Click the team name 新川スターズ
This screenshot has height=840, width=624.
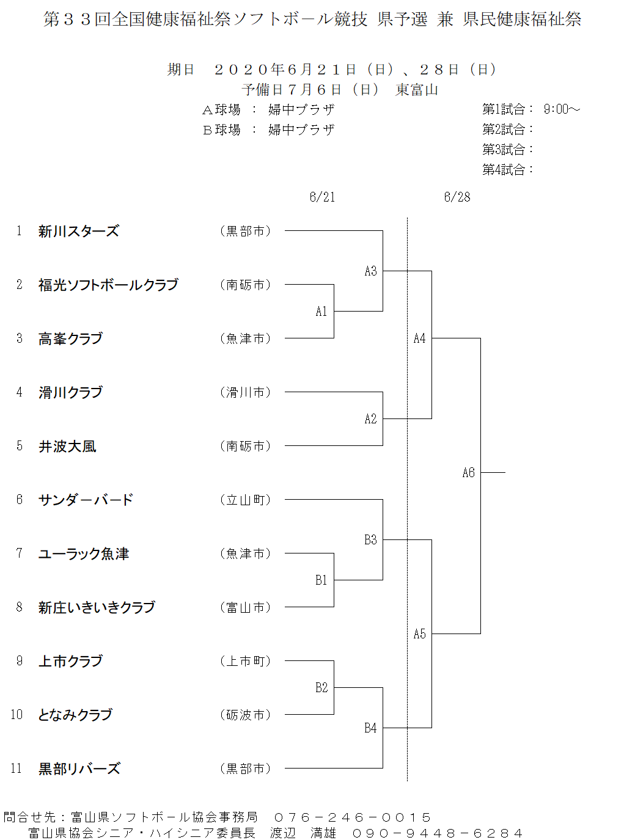[79, 231]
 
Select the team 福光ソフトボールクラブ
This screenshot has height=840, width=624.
[108, 285]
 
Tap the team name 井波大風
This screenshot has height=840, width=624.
[67, 446]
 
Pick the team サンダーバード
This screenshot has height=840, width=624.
[86, 500]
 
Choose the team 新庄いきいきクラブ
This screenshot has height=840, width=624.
[97, 607]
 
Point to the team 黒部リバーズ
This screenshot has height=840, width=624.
[79, 769]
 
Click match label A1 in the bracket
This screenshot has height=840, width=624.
[321, 312]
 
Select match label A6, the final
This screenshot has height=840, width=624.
[469, 473]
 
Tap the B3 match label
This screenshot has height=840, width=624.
[370, 539]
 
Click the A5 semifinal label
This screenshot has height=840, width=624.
[419, 634]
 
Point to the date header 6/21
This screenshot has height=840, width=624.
[322, 197]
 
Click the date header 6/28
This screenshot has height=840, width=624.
[457, 197]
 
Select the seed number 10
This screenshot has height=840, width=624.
[17, 715]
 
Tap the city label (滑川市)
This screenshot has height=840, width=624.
[246, 392]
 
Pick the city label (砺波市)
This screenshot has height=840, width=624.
[246, 715]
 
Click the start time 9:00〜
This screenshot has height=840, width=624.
[562, 109]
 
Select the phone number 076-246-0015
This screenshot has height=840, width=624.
[352, 817]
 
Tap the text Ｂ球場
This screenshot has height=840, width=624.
[222, 130]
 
